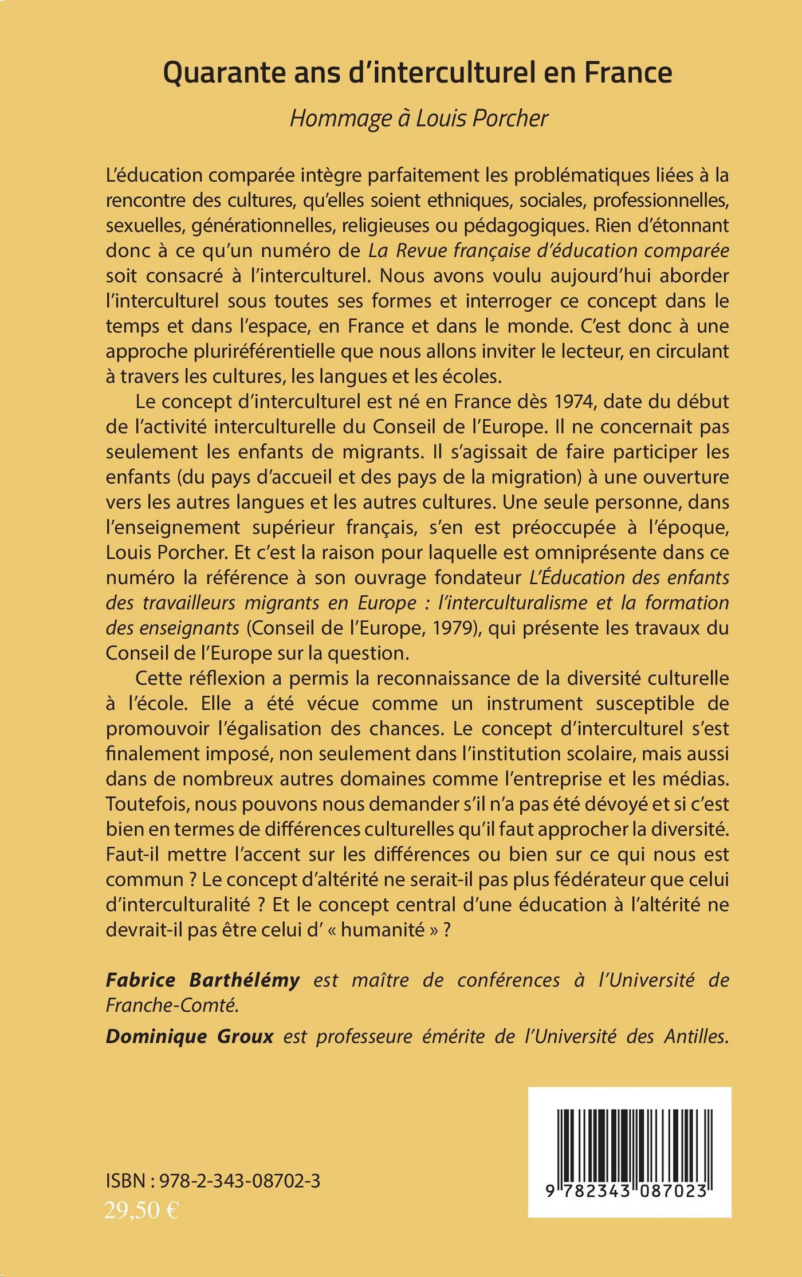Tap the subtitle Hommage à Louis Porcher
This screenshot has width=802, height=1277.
pos(419,118)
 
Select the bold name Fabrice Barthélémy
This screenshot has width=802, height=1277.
pos(203,980)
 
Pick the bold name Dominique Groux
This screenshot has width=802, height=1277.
pos(190,1036)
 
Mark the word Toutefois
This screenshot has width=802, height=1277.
pos(147,804)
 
